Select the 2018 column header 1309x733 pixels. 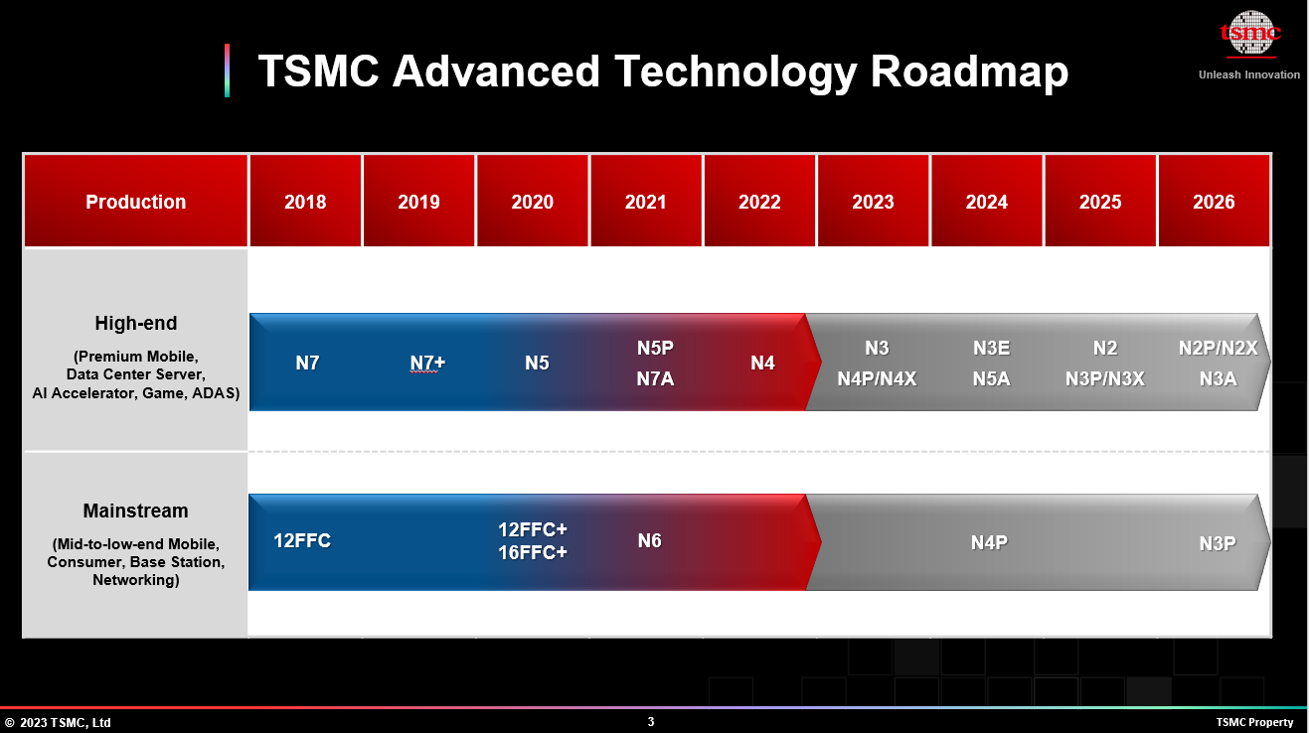click(x=305, y=202)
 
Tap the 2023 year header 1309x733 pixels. click(x=873, y=202)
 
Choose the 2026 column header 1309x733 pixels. click(x=1214, y=202)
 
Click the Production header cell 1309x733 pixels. click(x=135, y=202)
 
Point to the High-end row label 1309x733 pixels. click(x=135, y=323)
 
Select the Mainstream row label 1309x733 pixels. click(x=135, y=511)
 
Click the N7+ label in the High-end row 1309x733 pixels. click(x=427, y=364)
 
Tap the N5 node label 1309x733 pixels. click(x=537, y=364)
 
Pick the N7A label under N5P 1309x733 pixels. click(x=655, y=378)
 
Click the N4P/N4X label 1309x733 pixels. click(x=877, y=378)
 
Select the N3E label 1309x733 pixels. click(x=991, y=348)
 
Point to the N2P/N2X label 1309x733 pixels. click(x=1218, y=348)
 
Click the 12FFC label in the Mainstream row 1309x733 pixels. click(x=302, y=541)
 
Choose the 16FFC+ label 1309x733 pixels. click(x=533, y=552)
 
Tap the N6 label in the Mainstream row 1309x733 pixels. click(x=649, y=541)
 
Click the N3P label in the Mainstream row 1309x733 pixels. click(x=1217, y=543)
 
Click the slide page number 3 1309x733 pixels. click(x=651, y=722)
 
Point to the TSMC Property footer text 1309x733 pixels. click(x=1254, y=722)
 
